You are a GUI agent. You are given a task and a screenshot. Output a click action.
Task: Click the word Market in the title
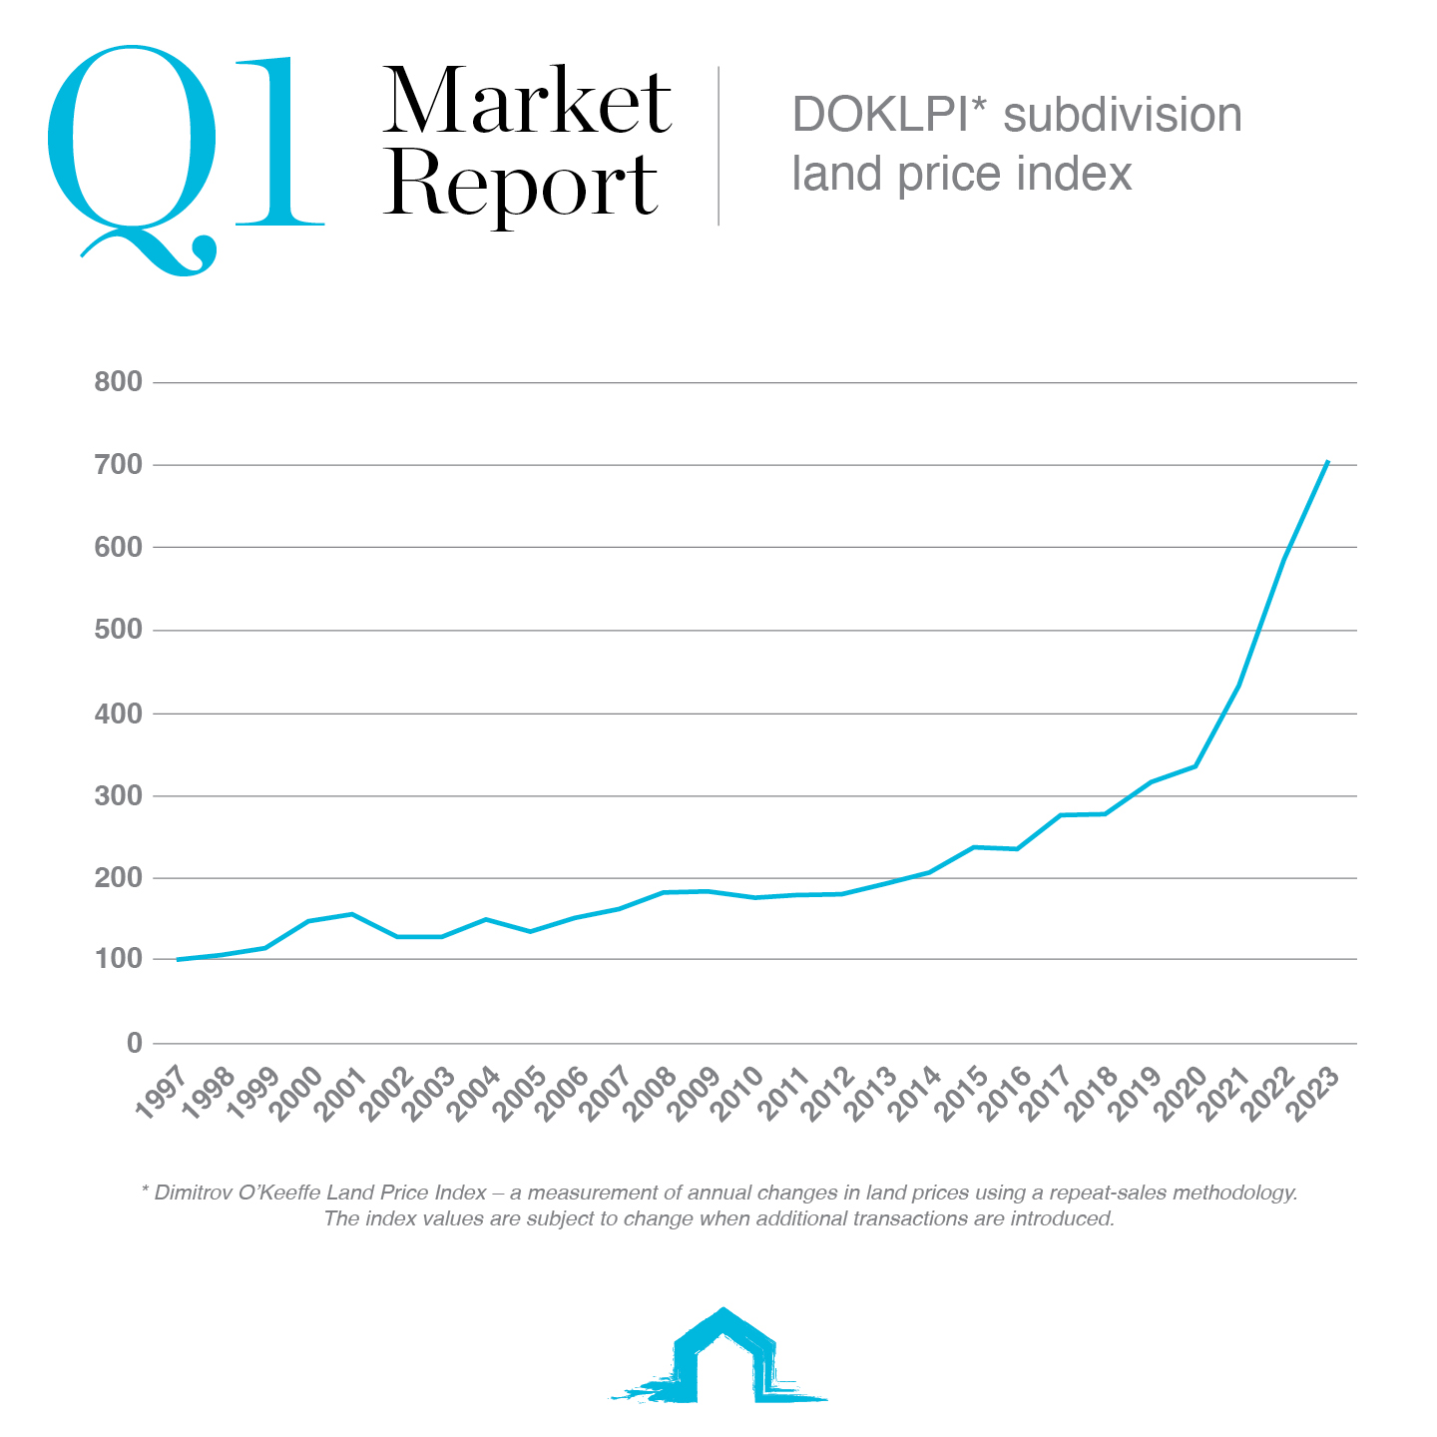527,102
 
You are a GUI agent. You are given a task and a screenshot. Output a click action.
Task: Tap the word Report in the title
521,186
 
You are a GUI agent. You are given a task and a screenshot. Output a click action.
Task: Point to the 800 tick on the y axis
118,382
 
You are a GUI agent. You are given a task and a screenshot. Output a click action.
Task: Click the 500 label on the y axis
118,631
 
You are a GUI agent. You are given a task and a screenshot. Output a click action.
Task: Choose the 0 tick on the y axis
134,1044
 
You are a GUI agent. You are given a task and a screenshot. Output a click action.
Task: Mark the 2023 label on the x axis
1315,1095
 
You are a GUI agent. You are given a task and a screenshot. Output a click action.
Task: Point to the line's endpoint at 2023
1327,461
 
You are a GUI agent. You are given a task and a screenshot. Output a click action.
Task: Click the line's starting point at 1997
178,960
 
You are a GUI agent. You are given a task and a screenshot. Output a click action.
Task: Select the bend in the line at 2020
1196,766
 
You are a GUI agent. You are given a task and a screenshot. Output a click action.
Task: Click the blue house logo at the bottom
720,1357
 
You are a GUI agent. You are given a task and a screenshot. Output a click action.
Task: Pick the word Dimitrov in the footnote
194,1193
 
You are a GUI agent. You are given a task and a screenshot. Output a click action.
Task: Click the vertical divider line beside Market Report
718,146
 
